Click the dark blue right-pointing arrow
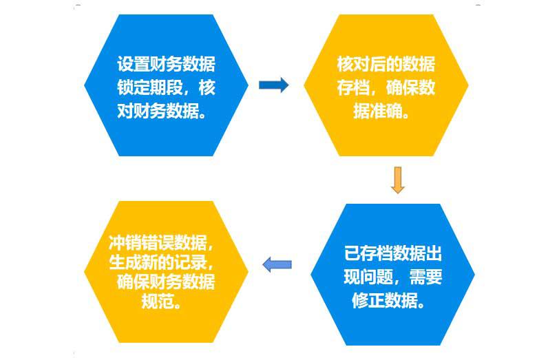pyautogui.click(x=273, y=85)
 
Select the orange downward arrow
pyautogui.click(x=397, y=179)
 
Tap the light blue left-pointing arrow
pyautogui.click(x=277, y=264)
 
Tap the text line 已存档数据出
pyautogui.click(x=392, y=254)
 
